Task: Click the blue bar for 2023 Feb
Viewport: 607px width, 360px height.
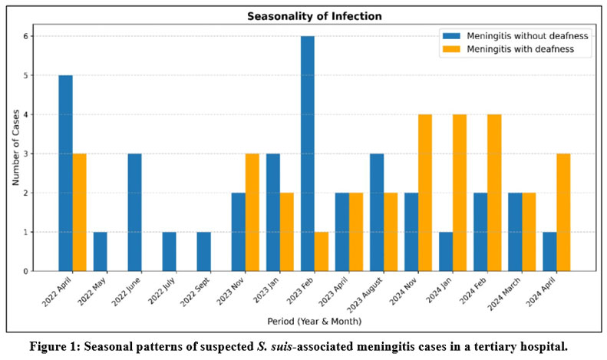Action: (307, 154)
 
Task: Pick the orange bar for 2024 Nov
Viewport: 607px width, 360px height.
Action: (424, 193)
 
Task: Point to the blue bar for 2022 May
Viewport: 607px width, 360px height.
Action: (100, 251)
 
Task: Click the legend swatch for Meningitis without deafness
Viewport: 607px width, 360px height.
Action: (450, 35)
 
